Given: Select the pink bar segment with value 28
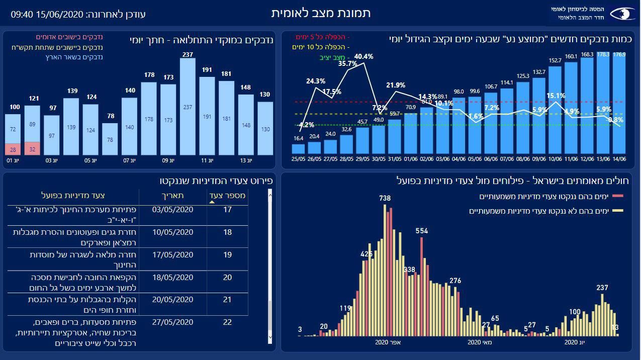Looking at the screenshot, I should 13,150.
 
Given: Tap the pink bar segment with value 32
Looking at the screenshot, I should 32,149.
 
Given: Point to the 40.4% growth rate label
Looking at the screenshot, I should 363,57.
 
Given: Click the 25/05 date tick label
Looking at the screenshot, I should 299,159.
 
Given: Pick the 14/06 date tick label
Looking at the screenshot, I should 619,159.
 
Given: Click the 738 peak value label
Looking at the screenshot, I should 385,199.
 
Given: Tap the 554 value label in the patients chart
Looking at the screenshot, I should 422,231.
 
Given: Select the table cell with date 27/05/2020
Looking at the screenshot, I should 172,322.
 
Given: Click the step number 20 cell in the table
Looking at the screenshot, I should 227,278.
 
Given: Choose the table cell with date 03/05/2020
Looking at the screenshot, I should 172,210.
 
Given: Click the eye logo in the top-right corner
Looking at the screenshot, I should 622,14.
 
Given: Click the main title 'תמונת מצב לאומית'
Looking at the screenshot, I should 321,13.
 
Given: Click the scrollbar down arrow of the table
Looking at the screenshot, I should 270,338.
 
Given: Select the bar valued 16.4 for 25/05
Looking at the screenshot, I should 299,149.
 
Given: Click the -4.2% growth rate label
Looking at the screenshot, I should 306,125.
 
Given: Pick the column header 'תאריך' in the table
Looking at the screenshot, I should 172,196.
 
